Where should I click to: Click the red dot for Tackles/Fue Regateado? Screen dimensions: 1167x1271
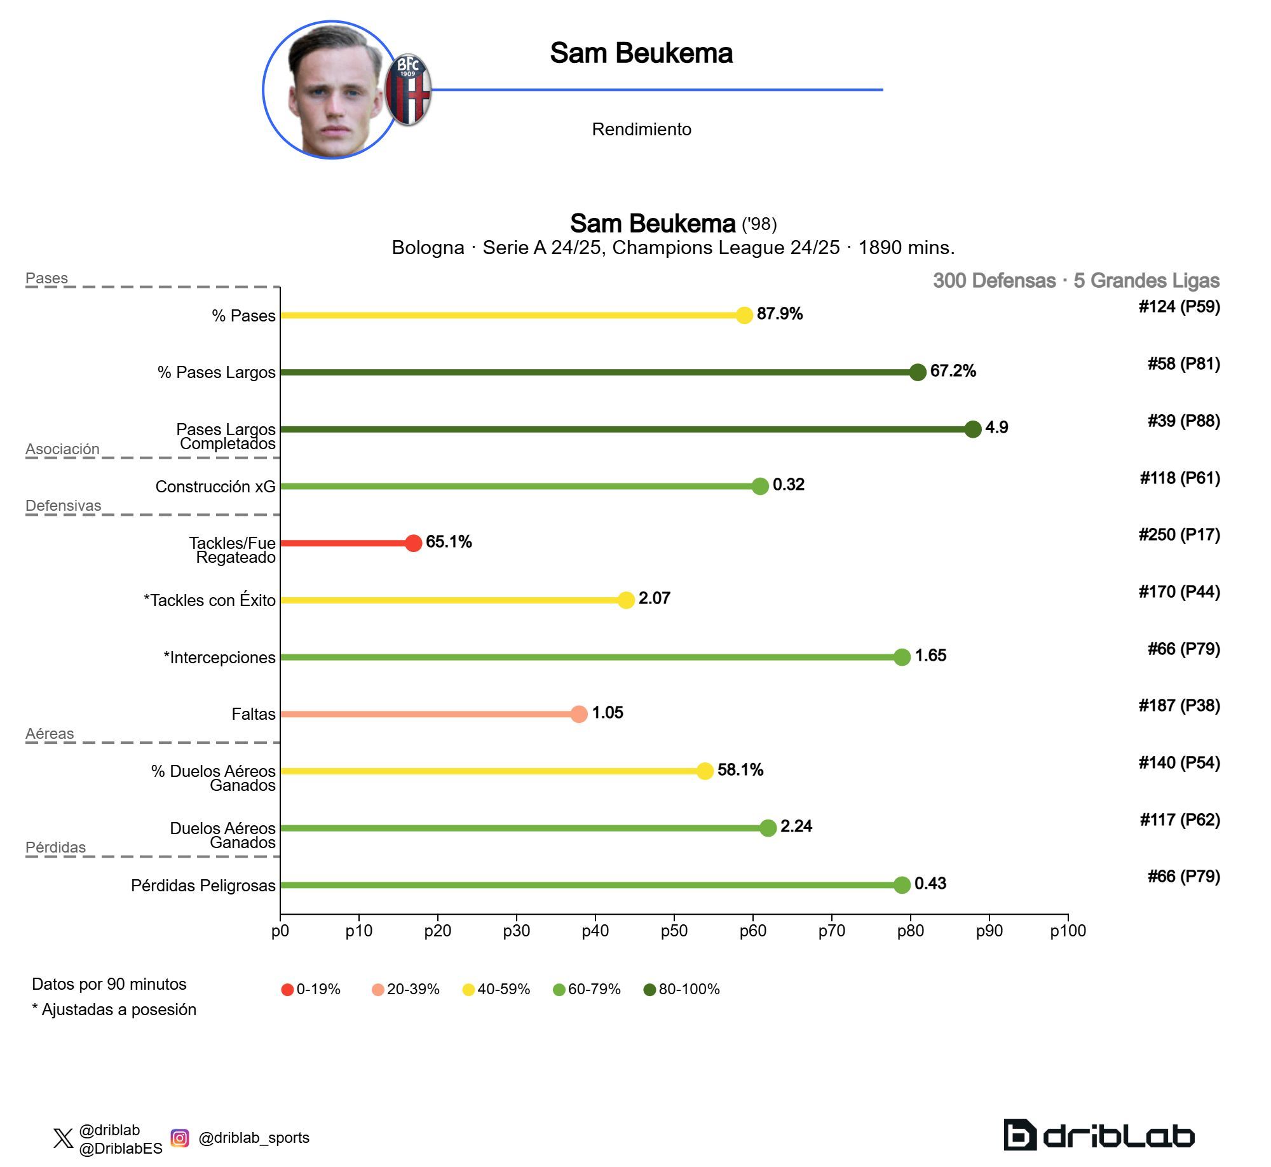[413, 543]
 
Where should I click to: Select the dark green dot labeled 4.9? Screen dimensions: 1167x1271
[972, 429]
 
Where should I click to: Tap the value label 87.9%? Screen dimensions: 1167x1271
[779, 314]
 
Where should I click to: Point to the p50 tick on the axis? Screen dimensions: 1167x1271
[674, 931]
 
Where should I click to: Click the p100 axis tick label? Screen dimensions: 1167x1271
[1068, 931]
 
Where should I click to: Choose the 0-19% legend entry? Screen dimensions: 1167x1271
[311, 989]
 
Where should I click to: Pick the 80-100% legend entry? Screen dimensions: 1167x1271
[681, 989]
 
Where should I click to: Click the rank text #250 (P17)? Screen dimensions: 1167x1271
[1179, 535]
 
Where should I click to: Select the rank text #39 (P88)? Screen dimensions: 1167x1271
[1183, 421]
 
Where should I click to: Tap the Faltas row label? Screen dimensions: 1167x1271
[253, 714]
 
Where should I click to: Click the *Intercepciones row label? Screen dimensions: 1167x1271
[219, 658]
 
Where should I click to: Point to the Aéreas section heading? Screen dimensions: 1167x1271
[50, 734]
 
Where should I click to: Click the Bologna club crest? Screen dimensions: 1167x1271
[408, 90]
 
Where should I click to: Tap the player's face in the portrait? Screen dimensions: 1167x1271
[334, 95]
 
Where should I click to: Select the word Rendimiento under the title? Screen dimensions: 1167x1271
[641, 130]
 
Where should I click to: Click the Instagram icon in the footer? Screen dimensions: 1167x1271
[180, 1138]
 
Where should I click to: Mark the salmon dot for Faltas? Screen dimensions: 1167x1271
[578, 714]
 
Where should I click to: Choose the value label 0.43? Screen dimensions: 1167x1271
[930, 884]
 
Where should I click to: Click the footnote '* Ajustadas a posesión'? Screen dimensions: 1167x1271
[114, 1009]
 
